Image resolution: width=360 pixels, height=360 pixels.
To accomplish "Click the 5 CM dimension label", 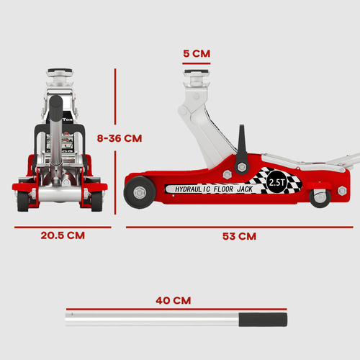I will click(196, 53).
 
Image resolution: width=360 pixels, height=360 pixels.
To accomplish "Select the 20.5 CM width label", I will click(63, 235).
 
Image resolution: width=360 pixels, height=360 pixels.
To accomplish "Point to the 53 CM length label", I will click(238, 235).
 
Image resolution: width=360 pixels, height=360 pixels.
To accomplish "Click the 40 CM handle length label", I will click(173, 300).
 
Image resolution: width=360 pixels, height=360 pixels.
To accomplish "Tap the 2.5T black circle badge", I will click(276, 183).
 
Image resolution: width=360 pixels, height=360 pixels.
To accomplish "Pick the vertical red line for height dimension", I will click(116, 137).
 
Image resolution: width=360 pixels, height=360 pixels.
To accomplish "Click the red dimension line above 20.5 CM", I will click(63, 227).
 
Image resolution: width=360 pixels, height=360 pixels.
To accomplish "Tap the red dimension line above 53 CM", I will click(238, 227).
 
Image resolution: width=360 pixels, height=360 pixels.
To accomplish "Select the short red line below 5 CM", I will click(196, 63).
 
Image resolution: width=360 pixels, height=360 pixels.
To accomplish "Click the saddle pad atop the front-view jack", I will click(63, 74).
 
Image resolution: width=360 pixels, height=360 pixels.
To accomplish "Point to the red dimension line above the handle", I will click(173, 309).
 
